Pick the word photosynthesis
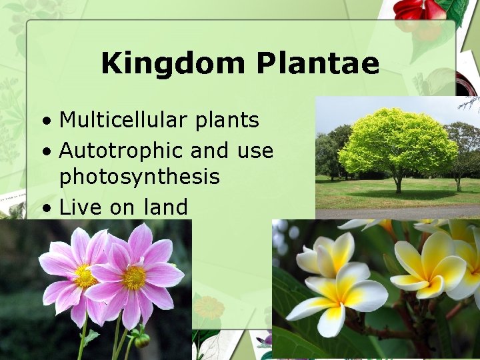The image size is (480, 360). [x=139, y=177]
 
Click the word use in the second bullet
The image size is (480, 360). [x=255, y=151]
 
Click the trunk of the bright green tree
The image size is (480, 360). [x=398, y=185]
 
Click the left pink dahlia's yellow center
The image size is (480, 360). [x=85, y=276]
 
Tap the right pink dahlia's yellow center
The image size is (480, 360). [x=134, y=277]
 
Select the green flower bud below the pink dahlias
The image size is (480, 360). [x=141, y=339]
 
